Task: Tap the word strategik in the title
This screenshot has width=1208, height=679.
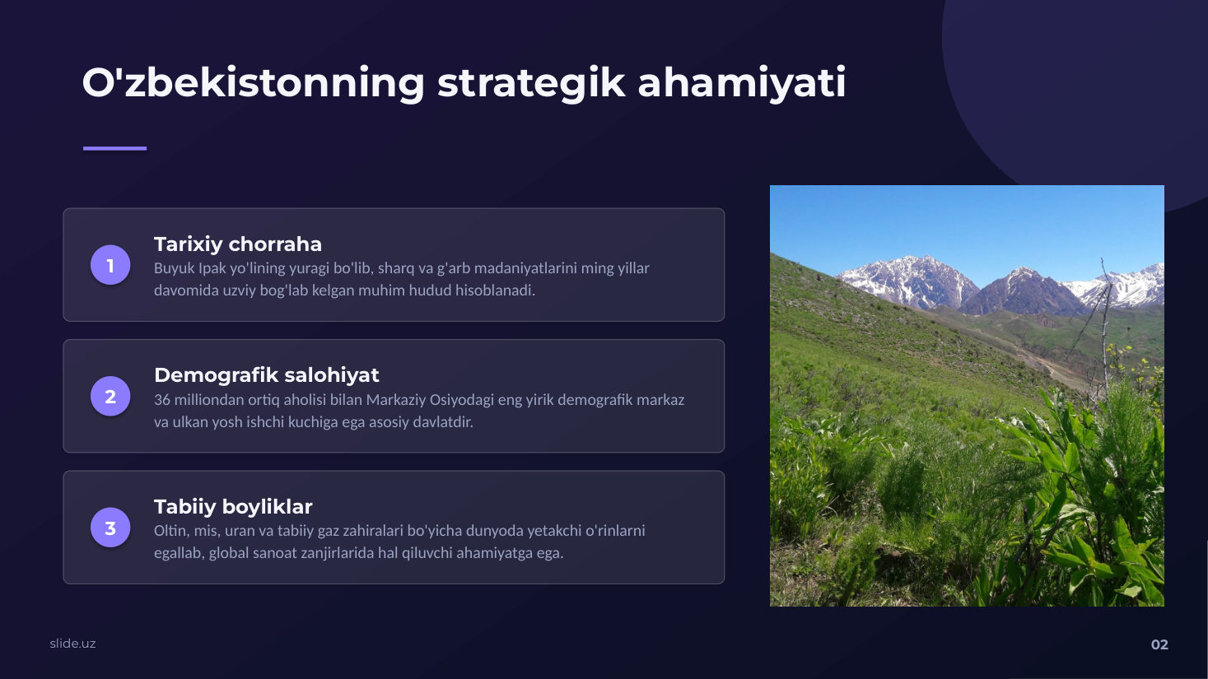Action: [x=531, y=83]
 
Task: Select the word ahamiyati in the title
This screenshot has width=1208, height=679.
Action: [x=742, y=83]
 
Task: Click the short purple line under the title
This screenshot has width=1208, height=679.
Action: [x=114, y=148]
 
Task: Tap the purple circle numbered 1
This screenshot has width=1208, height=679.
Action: [x=110, y=265]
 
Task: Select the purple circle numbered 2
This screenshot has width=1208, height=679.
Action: [x=110, y=396]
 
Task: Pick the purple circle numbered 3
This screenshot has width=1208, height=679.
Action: [x=110, y=528]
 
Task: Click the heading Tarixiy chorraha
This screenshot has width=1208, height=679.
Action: [x=238, y=244]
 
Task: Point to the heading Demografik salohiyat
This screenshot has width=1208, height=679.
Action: [x=267, y=375]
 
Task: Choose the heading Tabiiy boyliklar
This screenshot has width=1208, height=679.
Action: [x=233, y=506]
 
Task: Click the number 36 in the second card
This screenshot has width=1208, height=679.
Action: [x=161, y=400]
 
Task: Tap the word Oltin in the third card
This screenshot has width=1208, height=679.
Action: [x=171, y=531]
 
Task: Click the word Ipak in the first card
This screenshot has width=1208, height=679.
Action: [x=212, y=268]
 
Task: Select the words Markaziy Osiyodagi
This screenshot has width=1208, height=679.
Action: [x=430, y=400]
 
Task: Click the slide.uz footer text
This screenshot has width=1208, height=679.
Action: [x=72, y=644]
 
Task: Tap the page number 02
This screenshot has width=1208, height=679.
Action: [x=1159, y=644]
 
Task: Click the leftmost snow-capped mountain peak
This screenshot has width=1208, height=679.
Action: [x=912, y=262]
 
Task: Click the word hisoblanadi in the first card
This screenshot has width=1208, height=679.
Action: [x=495, y=291]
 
